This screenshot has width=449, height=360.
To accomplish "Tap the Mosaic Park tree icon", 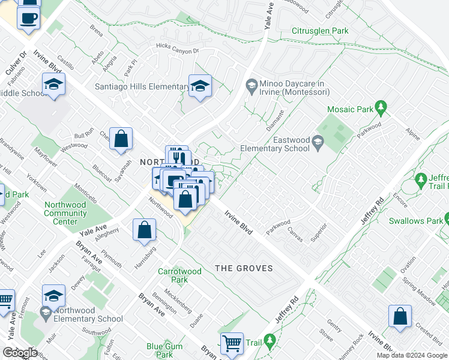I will pyautogui.click(x=380, y=109).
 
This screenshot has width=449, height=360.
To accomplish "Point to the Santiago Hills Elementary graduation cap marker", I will pyautogui.click(x=200, y=86).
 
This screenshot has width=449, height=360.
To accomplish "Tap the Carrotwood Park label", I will pyautogui.click(x=179, y=275).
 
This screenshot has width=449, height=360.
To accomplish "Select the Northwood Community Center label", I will pyautogui.click(x=65, y=213).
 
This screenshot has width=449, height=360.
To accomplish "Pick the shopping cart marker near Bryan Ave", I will pyautogui.click(x=232, y=344).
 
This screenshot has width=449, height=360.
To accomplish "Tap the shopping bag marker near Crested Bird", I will pyautogui.click(x=400, y=317).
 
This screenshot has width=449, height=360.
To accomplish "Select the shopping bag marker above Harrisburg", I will pyautogui.click(x=145, y=230).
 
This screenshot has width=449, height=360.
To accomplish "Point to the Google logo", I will pyautogui.click(x=19, y=352).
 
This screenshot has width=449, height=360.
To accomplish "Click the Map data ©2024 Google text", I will pyautogui.click(x=411, y=355).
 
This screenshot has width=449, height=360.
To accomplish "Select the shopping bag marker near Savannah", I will pyautogui.click(x=121, y=139).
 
